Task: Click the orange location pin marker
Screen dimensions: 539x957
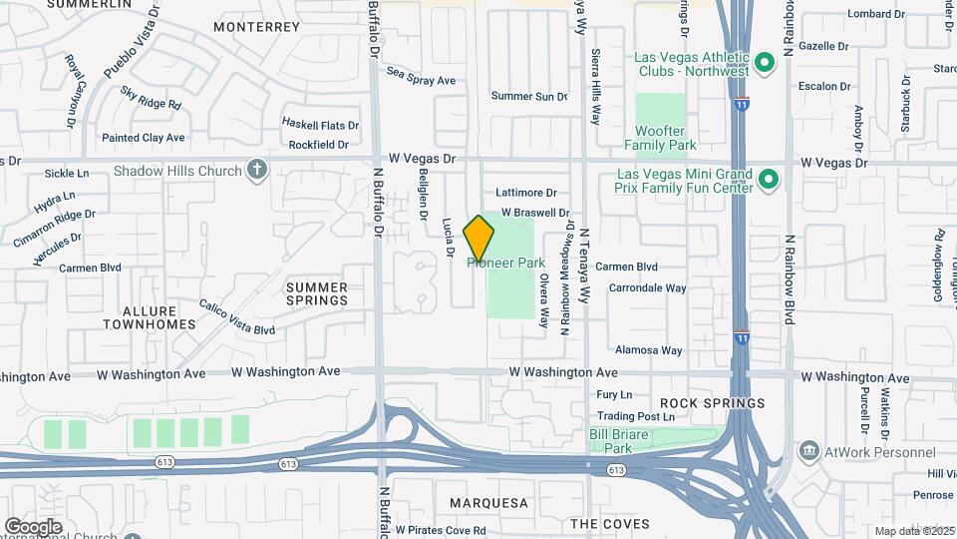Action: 479,239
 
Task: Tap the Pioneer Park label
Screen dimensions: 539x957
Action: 507,263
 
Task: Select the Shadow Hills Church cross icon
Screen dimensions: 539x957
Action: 257,170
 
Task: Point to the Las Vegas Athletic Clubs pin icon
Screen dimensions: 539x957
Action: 765,63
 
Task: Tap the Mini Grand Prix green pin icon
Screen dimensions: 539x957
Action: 768,180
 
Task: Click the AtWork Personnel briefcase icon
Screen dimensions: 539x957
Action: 809,451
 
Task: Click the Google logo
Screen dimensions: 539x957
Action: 33,526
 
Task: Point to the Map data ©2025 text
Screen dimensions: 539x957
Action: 914,530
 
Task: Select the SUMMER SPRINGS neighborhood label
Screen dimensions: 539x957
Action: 317,293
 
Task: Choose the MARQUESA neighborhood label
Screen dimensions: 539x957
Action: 487,502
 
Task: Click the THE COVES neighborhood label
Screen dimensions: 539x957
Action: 609,523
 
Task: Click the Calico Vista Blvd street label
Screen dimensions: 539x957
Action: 236,317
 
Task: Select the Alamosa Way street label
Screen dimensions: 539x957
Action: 648,350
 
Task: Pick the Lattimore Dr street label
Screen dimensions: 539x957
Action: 525,192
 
